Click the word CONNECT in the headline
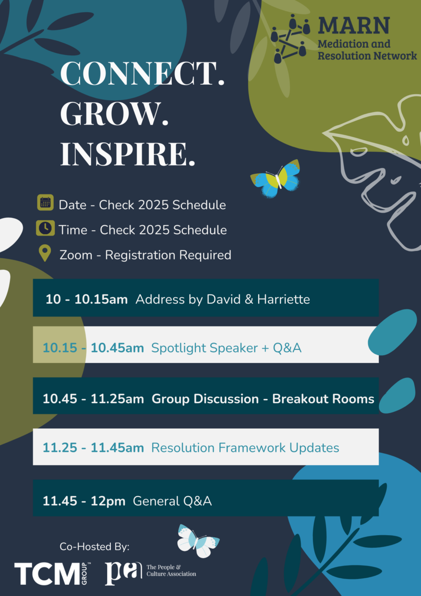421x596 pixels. pos(138,73)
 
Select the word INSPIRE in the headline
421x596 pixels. pos(123,154)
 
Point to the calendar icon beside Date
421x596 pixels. pos(45,202)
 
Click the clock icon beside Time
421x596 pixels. pos(45,228)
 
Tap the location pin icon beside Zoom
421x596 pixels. pos(45,253)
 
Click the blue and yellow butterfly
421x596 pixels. pos(276,178)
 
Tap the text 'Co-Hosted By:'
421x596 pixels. pos(94,547)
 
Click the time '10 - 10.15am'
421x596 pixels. pos(87,299)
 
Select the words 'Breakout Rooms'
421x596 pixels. pos(323,398)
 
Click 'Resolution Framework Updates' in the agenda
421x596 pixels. pos(245,448)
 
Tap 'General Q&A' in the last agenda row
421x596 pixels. pos(172,501)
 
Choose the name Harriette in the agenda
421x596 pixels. pos(283,299)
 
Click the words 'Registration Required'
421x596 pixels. pos(168,255)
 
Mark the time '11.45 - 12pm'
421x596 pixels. pos(84,501)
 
